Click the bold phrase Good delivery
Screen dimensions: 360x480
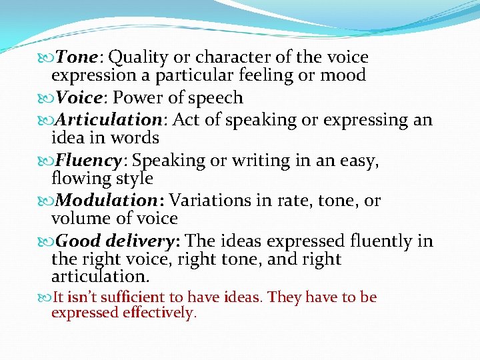click(x=119, y=241)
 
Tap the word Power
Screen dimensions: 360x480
click(x=137, y=98)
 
